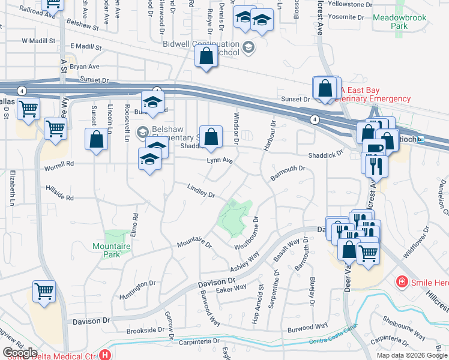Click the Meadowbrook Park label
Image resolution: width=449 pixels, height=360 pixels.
pyautogui.click(x=399, y=22)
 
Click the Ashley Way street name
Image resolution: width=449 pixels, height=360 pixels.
pyautogui.click(x=246, y=262)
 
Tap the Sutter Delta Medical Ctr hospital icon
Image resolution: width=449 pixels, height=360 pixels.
pyautogui.click(x=106, y=355)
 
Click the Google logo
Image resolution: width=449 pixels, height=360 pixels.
pyautogui.click(x=20, y=352)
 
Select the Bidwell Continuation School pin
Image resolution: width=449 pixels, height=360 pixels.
pyautogui.click(x=248, y=46)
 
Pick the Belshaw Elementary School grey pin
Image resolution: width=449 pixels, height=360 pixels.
pyautogui.click(x=143, y=131)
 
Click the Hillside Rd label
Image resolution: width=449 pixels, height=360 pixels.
pyautogui.click(x=59, y=193)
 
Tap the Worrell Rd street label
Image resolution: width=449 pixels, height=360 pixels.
pyautogui.click(x=58, y=163)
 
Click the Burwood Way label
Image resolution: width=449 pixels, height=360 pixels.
pyautogui.click(x=307, y=328)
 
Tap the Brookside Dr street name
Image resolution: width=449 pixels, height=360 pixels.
pyautogui.click(x=145, y=330)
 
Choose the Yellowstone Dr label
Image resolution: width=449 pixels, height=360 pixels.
pyautogui.click(x=343, y=4)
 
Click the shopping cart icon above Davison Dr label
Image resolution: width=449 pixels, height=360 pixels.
pyautogui.click(x=44, y=291)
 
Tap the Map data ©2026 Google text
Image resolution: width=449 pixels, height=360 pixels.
pyautogui.click(x=411, y=355)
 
